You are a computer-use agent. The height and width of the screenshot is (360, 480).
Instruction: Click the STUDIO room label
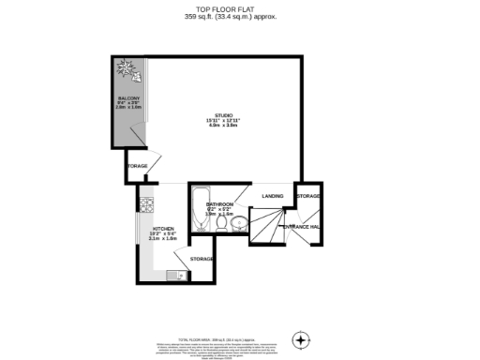coord(223,115)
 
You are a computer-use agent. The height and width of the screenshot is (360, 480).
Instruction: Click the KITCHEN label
coord(164,228)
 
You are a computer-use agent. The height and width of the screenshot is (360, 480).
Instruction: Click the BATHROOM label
coord(219,203)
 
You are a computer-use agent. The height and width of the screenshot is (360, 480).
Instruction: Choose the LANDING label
coord(273,195)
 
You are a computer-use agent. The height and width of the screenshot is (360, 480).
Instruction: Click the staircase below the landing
coord(271,225)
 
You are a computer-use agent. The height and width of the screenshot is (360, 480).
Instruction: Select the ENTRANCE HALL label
coord(303,227)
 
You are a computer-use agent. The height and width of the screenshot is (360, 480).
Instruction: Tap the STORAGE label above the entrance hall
coord(308,196)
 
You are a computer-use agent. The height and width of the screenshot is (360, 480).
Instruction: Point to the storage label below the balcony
coord(137,167)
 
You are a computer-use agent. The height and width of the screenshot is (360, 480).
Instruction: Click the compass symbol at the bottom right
coord(300,339)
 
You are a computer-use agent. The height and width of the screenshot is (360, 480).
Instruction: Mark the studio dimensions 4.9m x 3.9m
coord(223,126)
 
